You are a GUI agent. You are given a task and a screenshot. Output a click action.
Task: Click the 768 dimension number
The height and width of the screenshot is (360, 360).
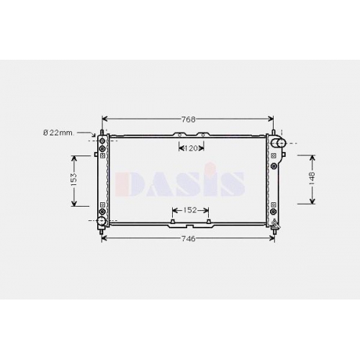tap(189, 120)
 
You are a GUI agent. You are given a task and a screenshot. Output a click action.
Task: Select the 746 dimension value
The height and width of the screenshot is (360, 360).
tap(189, 239)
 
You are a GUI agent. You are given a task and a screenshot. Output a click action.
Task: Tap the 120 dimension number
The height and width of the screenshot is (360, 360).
tap(191, 148)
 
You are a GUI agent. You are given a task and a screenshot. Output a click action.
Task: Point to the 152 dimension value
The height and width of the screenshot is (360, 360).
tap(190, 210)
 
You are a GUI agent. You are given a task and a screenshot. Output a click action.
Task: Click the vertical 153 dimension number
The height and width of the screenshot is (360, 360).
tap(74, 179)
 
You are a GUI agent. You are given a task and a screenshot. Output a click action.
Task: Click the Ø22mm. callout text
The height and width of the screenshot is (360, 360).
tap(59, 132)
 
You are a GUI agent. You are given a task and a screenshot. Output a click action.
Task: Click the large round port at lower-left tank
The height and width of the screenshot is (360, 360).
tap(102, 221)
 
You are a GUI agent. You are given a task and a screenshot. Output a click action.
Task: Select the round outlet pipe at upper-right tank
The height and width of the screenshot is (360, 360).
tap(278, 143)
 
